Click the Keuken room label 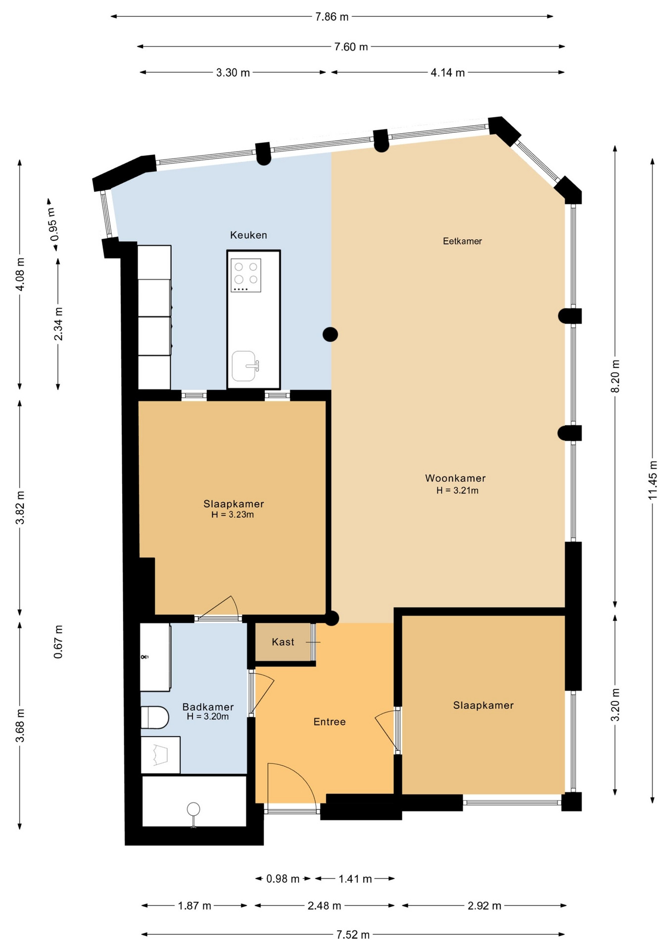[x=248, y=235]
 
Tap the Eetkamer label [x=462, y=241]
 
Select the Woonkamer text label [x=455, y=478]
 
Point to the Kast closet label [x=283, y=642]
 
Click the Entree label [x=330, y=722]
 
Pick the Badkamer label [x=208, y=707]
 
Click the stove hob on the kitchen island [x=246, y=275]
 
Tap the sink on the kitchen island [x=245, y=366]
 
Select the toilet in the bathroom [x=155, y=717]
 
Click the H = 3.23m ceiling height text [x=233, y=515]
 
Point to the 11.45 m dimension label [x=653, y=480]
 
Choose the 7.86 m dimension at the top [x=332, y=17]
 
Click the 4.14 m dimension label [x=448, y=73]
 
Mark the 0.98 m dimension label [x=283, y=879]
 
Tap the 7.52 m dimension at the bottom [x=353, y=935]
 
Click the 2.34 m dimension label [x=58, y=324]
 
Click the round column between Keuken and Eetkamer [x=330, y=335]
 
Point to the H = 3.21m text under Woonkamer [x=457, y=490]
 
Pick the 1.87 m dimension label [x=194, y=906]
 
